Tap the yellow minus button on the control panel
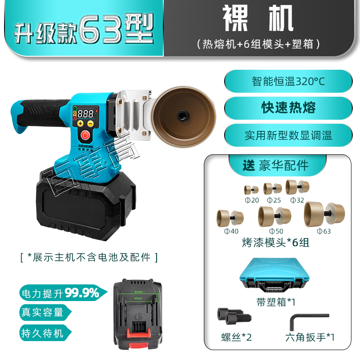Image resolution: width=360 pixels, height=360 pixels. (90, 123)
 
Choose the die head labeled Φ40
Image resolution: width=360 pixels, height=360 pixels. (230, 216)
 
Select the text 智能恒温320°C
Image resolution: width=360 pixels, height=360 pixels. (288, 82)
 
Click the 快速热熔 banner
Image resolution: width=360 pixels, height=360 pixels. (288, 108)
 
